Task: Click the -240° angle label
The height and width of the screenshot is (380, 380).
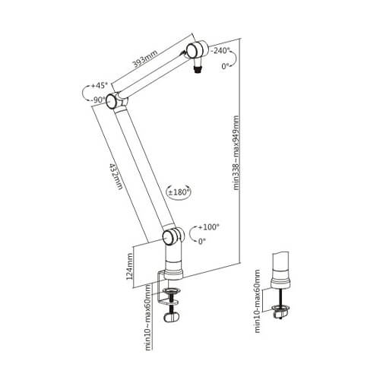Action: point(222,50)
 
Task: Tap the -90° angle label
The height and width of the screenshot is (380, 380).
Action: point(97,99)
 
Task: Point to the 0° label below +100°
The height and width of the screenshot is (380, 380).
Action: point(202,241)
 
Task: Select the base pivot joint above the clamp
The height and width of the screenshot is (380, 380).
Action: point(172,237)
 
